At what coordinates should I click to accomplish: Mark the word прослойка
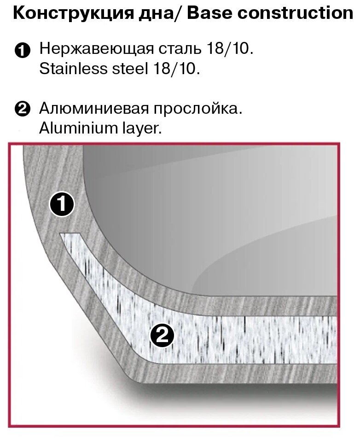198,109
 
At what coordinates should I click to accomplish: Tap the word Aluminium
72,128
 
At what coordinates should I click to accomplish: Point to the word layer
142,129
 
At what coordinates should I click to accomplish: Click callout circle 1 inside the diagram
62,204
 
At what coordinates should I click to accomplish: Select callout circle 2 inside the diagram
162,337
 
